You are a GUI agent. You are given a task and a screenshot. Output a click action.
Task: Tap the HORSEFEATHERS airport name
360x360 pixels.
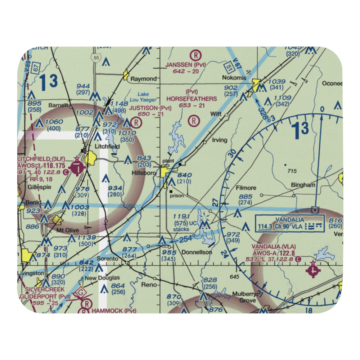[x=192, y=99]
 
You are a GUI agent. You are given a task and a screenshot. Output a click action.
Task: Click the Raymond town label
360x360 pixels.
[x=144, y=78]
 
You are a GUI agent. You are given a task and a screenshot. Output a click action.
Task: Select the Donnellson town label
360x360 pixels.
[x=197, y=252]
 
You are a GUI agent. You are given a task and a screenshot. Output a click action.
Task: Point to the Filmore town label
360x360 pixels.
[x=246, y=188]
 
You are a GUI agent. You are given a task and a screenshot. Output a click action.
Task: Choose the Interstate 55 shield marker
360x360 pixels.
[x=95, y=58]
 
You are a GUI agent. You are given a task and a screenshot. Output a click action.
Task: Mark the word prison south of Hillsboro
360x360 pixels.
[x=177, y=196]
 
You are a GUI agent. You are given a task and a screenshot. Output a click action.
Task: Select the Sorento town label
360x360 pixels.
[x=108, y=259]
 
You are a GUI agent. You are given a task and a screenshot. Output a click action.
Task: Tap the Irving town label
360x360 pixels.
[x=220, y=140]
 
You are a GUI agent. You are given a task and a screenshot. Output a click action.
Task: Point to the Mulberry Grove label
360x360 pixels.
[x=244, y=296]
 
